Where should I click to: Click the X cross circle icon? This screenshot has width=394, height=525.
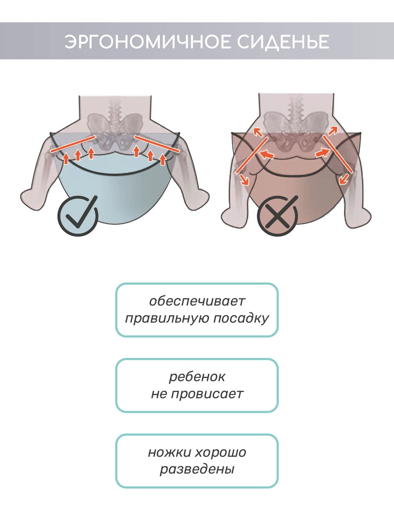point(277,217)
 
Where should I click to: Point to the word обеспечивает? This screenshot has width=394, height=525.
point(197,301)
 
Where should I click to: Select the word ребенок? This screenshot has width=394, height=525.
point(197,376)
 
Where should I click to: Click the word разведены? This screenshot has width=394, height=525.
point(197,469)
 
